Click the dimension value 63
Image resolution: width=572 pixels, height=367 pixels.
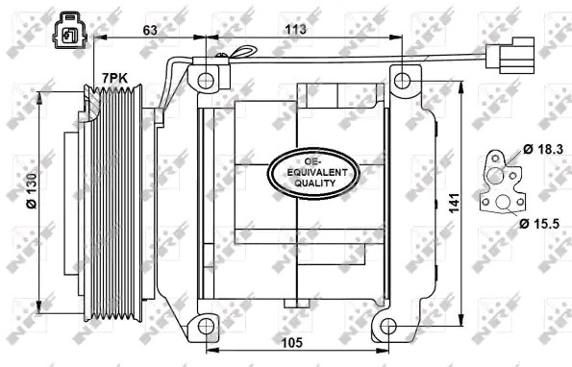150,30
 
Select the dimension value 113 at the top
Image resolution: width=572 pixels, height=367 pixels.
295,29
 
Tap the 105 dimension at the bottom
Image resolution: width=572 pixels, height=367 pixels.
292,342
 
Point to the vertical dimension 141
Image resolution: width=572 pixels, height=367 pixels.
454,204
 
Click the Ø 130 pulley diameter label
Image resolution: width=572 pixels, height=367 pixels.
32,191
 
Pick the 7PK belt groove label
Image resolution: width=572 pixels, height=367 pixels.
114,78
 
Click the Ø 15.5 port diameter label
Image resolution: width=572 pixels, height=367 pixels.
539,224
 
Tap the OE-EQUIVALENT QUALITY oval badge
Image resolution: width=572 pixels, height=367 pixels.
314,173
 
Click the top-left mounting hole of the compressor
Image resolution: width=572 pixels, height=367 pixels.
206,81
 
